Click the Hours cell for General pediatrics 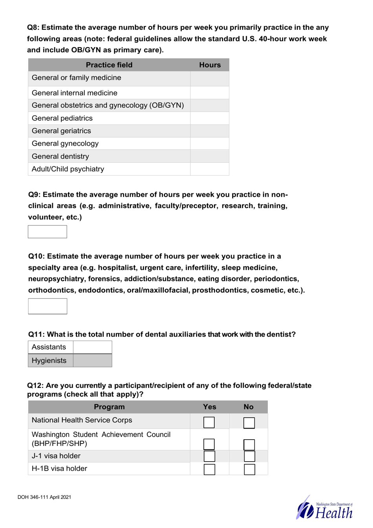[210, 118]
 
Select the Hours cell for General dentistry [210, 156]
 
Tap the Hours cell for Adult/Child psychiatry [210, 169]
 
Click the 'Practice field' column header [109, 65]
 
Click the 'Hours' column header [210, 65]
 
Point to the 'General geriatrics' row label [61, 131]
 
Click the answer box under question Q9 [48, 232]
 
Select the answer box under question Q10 [48, 306]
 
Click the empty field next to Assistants [93, 347]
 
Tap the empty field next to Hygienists [93, 361]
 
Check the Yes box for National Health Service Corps [209, 422]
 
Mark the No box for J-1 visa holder [249, 456]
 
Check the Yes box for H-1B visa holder [209, 469]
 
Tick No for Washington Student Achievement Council [249, 444]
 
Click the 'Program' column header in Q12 [109, 407]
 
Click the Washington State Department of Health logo [325, 508]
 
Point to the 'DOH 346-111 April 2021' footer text [44, 497]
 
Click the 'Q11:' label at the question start [37, 334]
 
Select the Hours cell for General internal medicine [210, 93]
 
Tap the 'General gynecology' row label [65, 144]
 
